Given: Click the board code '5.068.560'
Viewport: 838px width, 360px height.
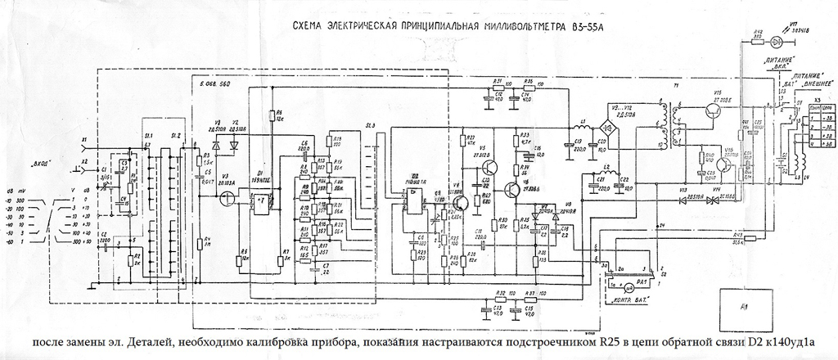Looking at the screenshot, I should point(215,84).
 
